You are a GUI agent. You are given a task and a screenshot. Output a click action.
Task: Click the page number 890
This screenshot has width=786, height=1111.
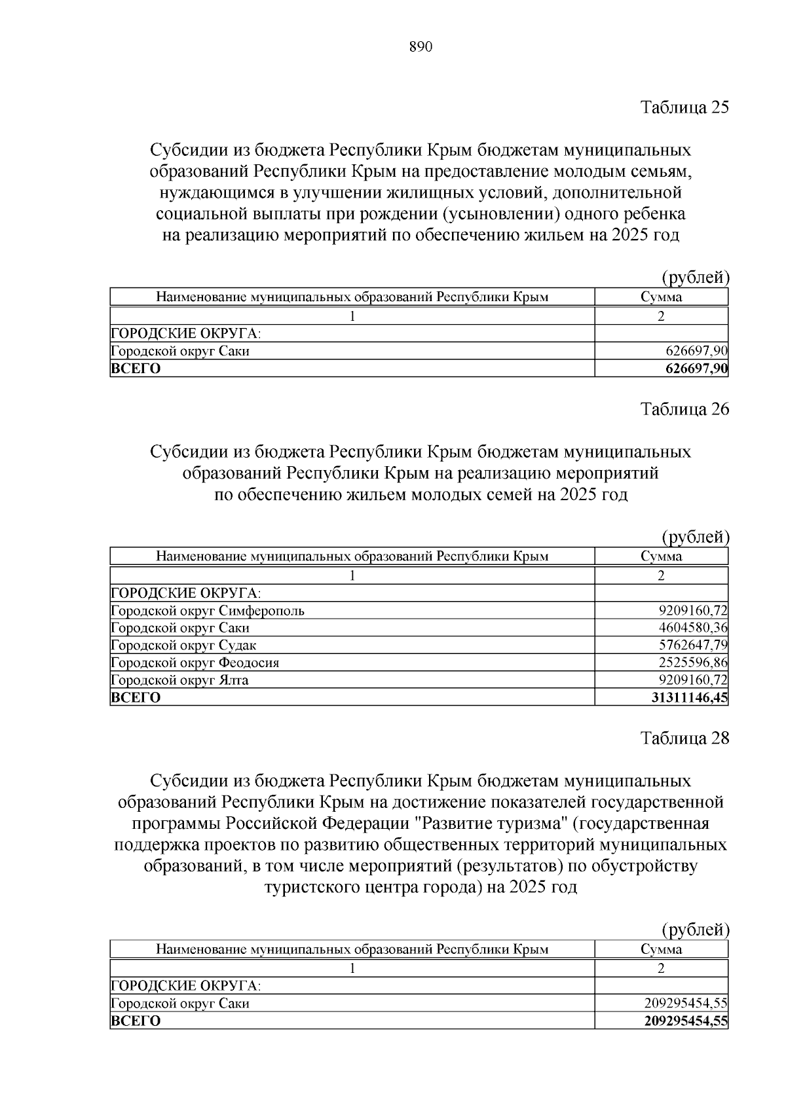pos(421,47)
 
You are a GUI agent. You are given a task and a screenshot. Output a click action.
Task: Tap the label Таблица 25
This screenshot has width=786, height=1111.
pos(684,107)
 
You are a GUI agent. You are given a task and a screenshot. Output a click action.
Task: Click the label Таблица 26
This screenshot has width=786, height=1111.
pos(684,409)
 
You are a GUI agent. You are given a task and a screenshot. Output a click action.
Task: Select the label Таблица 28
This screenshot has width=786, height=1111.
pos(684,738)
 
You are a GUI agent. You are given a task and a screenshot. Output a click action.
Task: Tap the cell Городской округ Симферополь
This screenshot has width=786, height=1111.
pos(208,611)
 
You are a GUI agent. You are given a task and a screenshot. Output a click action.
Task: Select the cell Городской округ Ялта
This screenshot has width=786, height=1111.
pos(180,680)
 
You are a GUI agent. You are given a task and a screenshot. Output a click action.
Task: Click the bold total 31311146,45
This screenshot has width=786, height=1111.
pos(689,697)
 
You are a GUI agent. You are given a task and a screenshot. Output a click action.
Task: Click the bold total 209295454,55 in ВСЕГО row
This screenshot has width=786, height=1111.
pos(686,1021)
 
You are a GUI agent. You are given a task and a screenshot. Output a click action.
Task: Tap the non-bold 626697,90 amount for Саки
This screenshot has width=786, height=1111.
pos(696,351)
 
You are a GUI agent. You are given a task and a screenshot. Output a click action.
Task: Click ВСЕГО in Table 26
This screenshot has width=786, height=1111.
pos(136,697)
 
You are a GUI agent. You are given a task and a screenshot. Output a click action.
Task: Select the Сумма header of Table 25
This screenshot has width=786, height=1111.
pos(661,297)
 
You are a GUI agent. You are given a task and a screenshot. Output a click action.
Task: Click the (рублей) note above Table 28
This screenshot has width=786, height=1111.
pos(695,929)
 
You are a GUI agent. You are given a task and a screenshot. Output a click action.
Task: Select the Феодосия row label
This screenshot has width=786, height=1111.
pos(195,663)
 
